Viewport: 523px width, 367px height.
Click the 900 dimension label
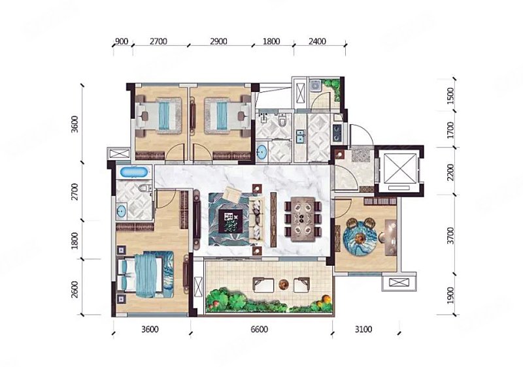(122, 42)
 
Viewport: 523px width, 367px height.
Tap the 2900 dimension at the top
(218, 42)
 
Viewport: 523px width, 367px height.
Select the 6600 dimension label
(259, 329)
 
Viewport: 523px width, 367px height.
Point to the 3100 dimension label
(363, 329)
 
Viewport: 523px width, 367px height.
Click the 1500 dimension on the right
(450, 96)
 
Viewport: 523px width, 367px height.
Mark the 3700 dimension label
(450, 236)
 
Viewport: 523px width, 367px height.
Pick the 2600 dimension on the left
(75, 290)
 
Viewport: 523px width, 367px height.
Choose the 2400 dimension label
(317, 42)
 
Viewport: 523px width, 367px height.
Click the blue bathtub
(134, 172)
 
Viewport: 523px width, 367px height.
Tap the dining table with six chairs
(303, 219)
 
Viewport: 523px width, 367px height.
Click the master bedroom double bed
(146, 274)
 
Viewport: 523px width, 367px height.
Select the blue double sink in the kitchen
(301, 136)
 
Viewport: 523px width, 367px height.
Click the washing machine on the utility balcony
(314, 86)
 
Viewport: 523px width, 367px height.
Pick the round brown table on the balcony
(284, 284)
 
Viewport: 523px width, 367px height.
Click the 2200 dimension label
(450, 172)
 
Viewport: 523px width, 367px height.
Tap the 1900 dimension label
(450, 295)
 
